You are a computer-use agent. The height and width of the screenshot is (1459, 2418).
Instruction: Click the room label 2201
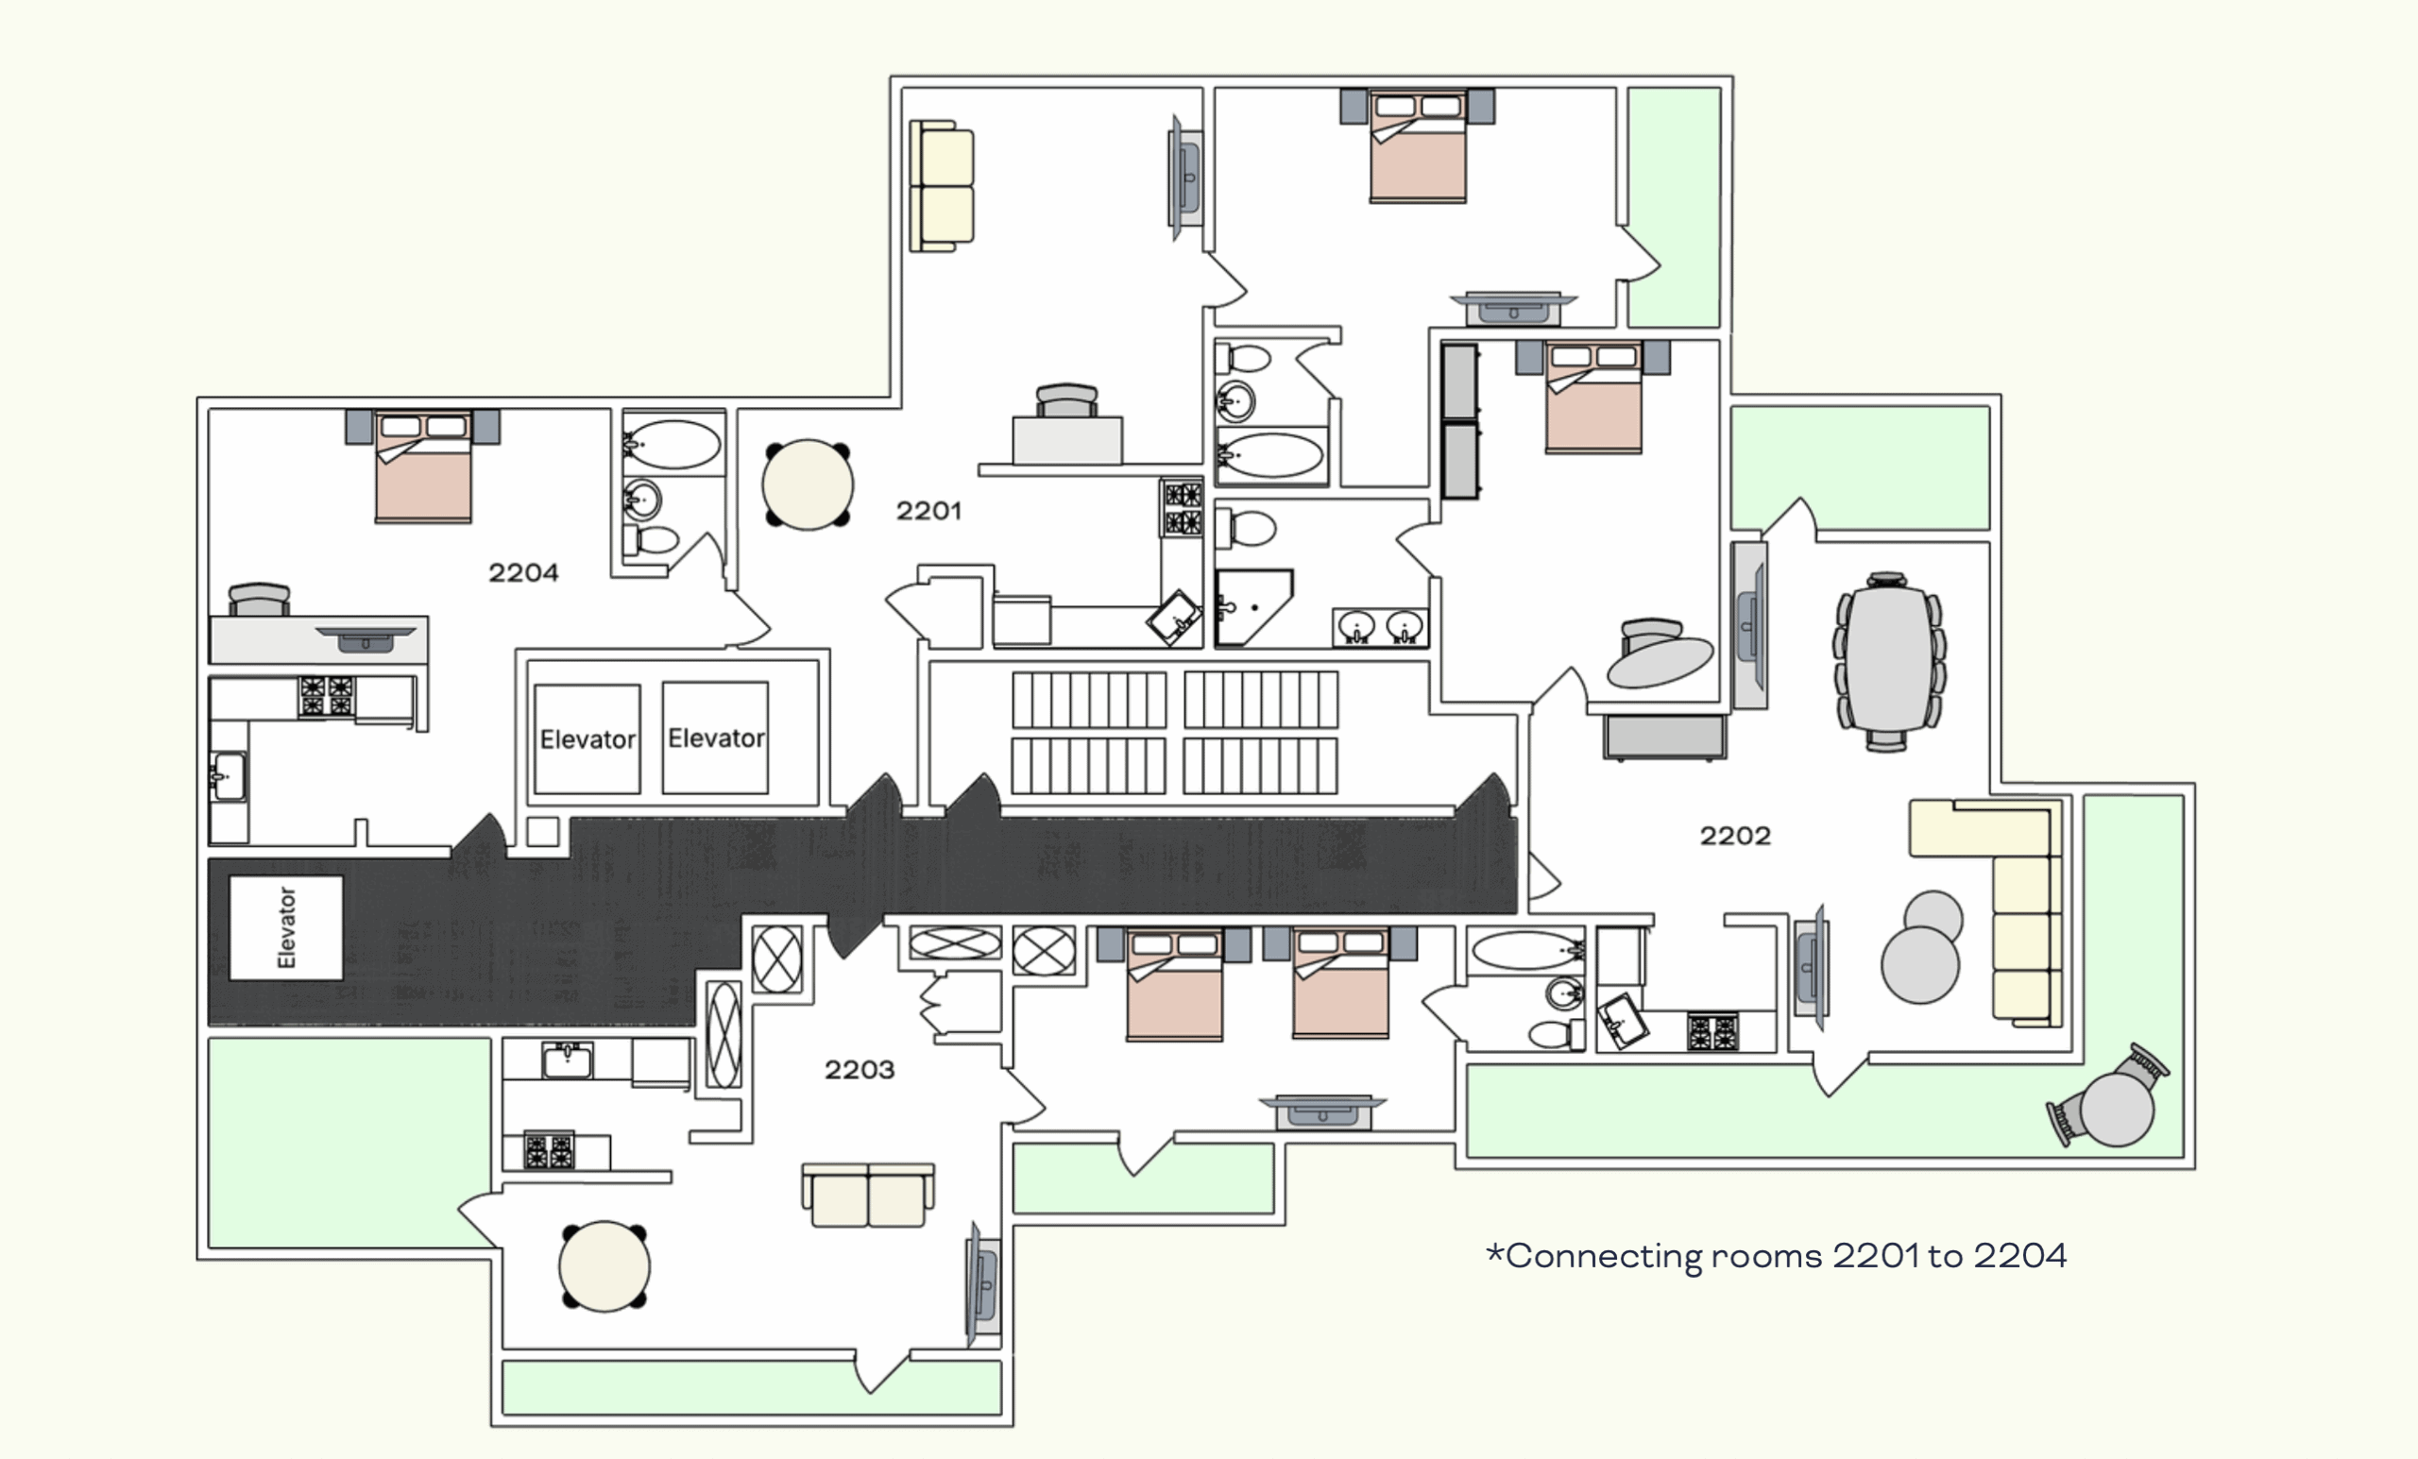pyautogui.click(x=928, y=510)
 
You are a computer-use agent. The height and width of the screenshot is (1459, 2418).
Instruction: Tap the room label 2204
pyautogui.click(x=523, y=572)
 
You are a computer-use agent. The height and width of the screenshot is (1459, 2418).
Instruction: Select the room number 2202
pyautogui.click(x=1735, y=835)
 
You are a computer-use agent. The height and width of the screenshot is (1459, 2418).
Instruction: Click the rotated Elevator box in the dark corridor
pyautogui.click(x=285, y=927)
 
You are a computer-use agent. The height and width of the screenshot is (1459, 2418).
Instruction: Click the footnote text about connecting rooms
pyautogui.click(x=1777, y=1256)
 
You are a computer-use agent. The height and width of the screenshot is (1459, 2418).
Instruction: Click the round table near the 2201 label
pyautogui.click(x=808, y=484)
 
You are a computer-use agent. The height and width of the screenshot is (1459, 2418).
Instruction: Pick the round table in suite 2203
pyautogui.click(x=604, y=1265)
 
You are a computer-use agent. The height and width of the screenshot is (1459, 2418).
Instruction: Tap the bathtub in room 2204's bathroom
pyautogui.click(x=673, y=446)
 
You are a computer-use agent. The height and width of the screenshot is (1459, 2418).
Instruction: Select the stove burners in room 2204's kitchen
pyautogui.click(x=327, y=696)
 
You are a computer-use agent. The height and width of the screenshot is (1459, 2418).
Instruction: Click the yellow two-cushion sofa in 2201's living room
pyautogui.click(x=942, y=186)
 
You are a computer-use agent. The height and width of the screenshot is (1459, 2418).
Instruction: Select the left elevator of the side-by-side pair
pyautogui.click(x=587, y=738)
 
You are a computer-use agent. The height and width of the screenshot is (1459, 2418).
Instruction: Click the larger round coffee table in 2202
pyautogui.click(x=1919, y=964)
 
